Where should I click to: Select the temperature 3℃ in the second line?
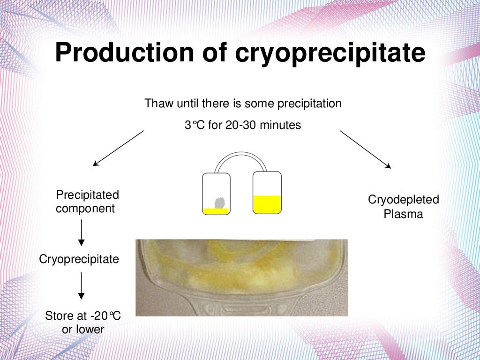tap(195, 126)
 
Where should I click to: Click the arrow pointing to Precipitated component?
tap(118, 148)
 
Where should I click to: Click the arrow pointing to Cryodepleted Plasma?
tap(365, 149)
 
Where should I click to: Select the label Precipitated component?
tap(87, 202)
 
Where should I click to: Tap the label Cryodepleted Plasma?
tap(403, 207)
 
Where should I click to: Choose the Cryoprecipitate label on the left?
tap(79, 259)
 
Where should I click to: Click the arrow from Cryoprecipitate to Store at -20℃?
tap(82, 285)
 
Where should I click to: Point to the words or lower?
tap(83, 330)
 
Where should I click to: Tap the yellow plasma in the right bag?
tap(267, 204)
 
